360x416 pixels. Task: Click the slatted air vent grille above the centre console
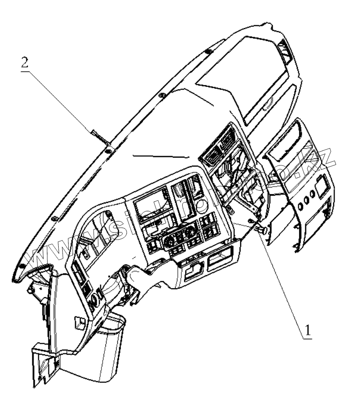[x=216, y=150]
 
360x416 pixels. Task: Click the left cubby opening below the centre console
[x=192, y=270]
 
